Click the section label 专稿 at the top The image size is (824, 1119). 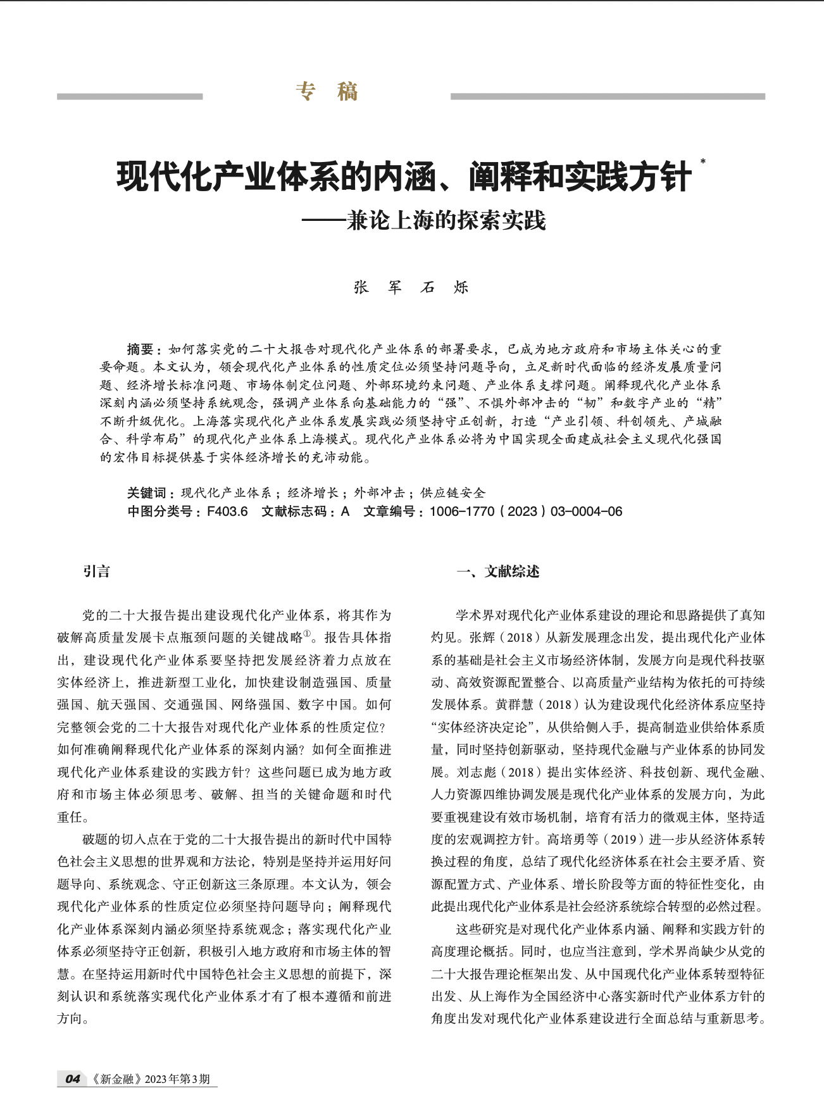coord(327,92)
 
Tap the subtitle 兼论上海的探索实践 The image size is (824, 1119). coord(446,221)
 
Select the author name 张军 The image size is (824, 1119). coord(378,287)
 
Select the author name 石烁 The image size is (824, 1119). coord(445,287)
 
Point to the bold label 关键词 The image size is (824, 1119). coord(146,493)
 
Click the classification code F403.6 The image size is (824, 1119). coord(227,511)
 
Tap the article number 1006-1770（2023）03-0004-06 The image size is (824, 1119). coord(525,511)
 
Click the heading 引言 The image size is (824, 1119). coord(96,572)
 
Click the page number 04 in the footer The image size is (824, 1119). coord(73,1079)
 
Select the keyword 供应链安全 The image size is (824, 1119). coord(453,493)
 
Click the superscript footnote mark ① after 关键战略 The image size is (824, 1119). coord(308,634)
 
